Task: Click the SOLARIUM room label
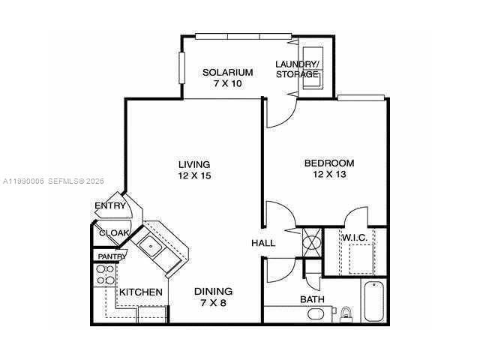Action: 227,73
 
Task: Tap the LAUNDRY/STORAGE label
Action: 297,69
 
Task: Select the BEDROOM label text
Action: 328,163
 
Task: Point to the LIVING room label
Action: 193,164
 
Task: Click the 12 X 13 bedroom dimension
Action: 328,174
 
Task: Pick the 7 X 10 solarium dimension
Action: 227,83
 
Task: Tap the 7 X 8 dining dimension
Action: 213,302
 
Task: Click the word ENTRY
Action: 109,206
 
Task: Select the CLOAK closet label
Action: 114,233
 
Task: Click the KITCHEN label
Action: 141,292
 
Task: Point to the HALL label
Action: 263,243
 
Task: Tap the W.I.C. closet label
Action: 354,238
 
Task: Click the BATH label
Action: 312,299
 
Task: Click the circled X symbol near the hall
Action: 310,243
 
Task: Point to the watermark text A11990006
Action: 24,181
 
